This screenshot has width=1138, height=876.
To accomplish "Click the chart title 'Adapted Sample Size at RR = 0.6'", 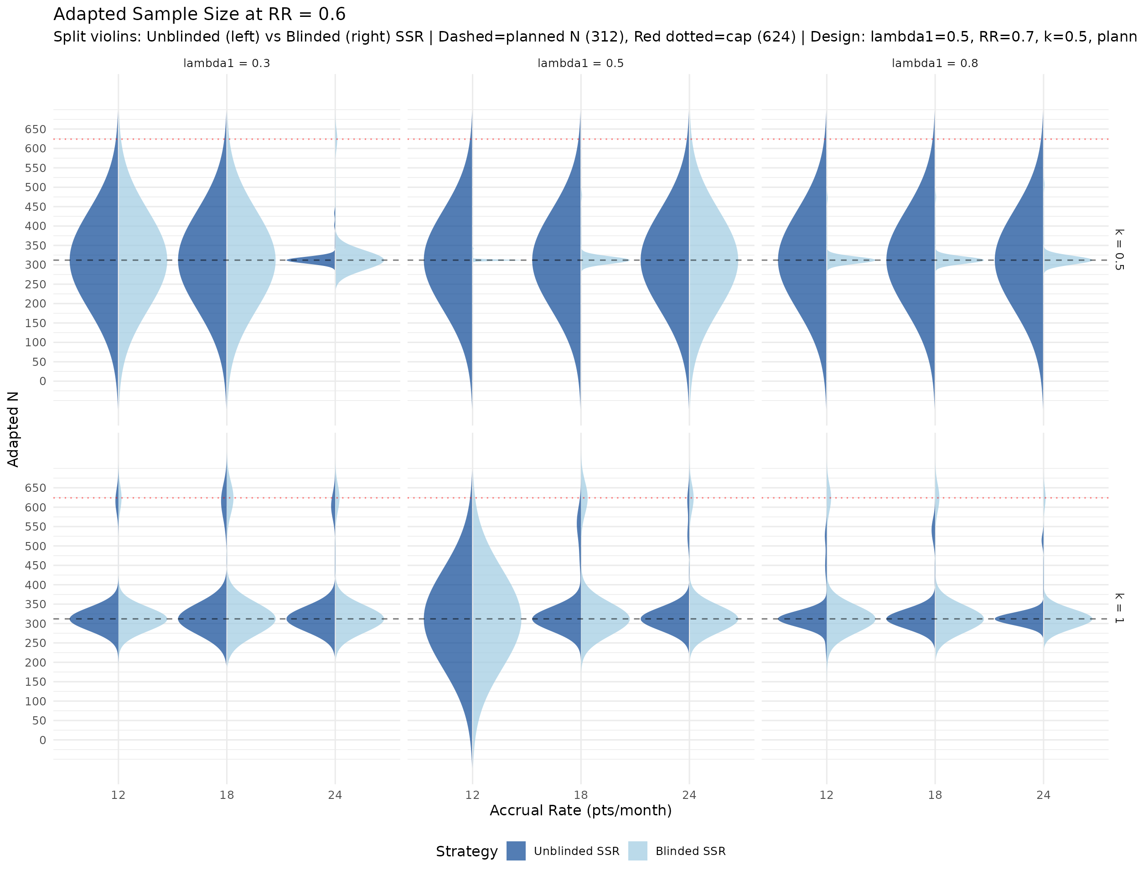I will pyautogui.click(x=199, y=15).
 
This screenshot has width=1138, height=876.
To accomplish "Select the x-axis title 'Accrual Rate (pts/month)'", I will pyautogui.click(x=580, y=810).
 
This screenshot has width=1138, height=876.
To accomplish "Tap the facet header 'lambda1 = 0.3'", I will pyautogui.click(x=226, y=63).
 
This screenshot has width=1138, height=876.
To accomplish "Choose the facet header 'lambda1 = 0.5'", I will pyautogui.click(x=580, y=63).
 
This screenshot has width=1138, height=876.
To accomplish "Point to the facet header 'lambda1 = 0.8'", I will pyautogui.click(x=934, y=63).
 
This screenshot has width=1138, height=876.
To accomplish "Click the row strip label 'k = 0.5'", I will pyautogui.click(x=1119, y=249).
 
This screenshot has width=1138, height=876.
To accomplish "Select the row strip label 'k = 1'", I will pyautogui.click(x=1119, y=608).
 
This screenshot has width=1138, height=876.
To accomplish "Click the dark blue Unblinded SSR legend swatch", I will pyautogui.click(x=516, y=851).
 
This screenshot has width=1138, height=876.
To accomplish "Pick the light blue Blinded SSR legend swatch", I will pyautogui.click(x=637, y=851).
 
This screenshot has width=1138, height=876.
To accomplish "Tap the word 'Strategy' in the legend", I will pyautogui.click(x=466, y=851).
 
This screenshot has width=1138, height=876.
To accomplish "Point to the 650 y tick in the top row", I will pyautogui.click(x=36, y=129).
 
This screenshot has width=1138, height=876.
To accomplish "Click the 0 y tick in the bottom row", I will pyautogui.click(x=42, y=740).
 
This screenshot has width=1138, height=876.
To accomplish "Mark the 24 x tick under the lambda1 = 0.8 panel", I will pyautogui.click(x=1043, y=795).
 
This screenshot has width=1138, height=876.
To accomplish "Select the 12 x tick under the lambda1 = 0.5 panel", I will pyautogui.click(x=472, y=795).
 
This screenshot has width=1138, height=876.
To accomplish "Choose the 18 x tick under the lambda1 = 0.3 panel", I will pyautogui.click(x=227, y=795).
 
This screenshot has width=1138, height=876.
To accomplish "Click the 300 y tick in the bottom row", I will pyautogui.click(x=36, y=624).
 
